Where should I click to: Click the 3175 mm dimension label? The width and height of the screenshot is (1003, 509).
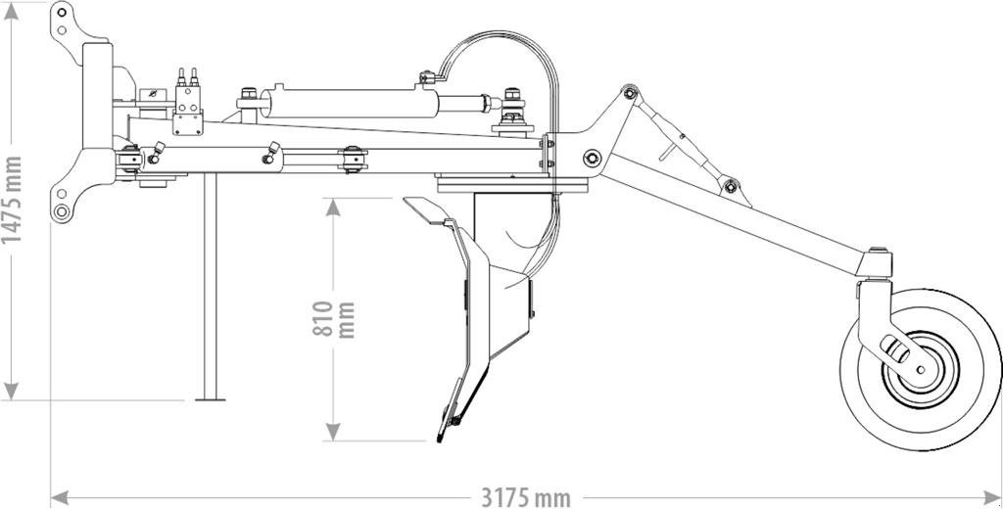525,497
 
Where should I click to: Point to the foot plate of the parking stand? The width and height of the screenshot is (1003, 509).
210,398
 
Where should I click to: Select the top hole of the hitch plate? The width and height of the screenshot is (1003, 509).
62,18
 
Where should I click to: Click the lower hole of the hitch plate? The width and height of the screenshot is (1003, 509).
62,211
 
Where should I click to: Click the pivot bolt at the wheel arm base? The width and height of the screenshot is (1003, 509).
592,158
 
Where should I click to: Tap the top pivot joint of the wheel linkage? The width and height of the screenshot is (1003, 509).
629,94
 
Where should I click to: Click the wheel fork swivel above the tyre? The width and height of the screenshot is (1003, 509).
878,264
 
